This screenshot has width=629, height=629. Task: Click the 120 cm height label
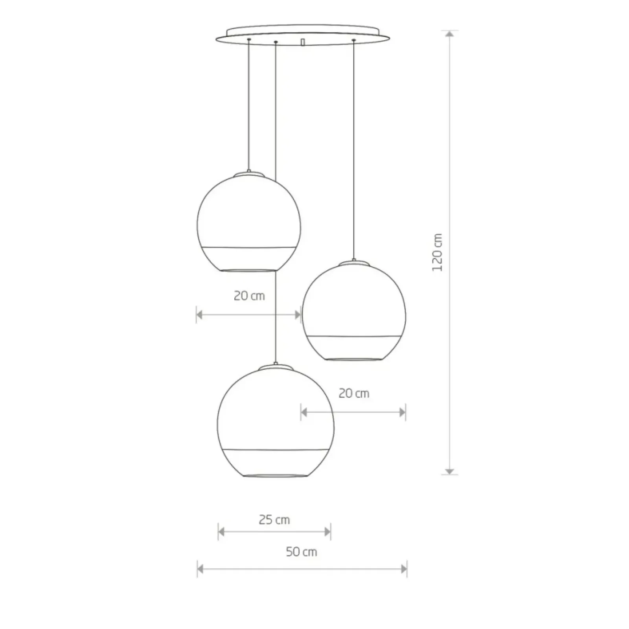pos(437,252)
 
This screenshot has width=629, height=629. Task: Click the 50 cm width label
pos(301,552)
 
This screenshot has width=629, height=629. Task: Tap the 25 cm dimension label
pos(274,520)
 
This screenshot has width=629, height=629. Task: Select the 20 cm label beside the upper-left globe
pos(249,296)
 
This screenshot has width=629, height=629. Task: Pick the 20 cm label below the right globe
pos(354,393)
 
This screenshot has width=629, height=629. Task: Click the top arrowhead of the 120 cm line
pos(450,33)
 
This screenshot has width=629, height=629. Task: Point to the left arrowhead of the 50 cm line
pos(200,569)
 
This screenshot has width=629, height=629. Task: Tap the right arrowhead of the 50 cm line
pos(404,569)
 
